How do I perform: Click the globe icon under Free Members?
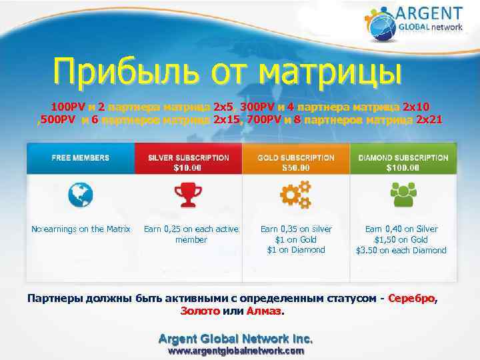pyautogui.click(x=81, y=195)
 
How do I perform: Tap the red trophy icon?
pyautogui.click(x=188, y=195)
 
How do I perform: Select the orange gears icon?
pyautogui.click(x=296, y=195)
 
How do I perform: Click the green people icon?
pyautogui.click(x=403, y=195)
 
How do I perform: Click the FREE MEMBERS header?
pyautogui.click(x=81, y=158)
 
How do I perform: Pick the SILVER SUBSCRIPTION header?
pyautogui.click(x=188, y=157)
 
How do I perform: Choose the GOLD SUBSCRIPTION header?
pyautogui.click(x=296, y=157)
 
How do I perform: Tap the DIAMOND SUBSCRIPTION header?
pyautogui.click(x=403, y=157)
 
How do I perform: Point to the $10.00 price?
pyautogui.click(x=188, y=168)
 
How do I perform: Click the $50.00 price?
pyautogui.click(x=296, y=168)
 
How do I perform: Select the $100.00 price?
pyautogui.click(x=403, y=168)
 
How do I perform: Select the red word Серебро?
pyautogui.click(x=412, y=297)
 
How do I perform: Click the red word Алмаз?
pyautogui.click(x=265, y=310)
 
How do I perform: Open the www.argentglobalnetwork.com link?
pyautogui.click(x=235, y=350)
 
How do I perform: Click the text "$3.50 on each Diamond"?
pyautogui.click(x=401, y=251)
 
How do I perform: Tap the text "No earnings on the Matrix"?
pyautogui.click(x=81, y=229)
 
